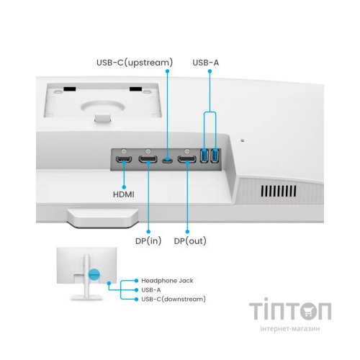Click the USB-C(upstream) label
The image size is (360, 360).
click(x=135, y=63)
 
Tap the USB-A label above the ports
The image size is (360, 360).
click(x=206, y=63)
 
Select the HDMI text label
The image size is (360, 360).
click(x=124, y=194)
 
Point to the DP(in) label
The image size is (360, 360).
click(x=148, y=241)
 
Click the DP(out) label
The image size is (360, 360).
click(x=190, y=241)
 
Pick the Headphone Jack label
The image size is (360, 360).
click(x=167, y=281)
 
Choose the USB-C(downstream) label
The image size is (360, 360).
click(x=174, y=300)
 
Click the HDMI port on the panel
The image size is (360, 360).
click(x=124, y=159)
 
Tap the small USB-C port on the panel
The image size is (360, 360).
click(x=167, y=161)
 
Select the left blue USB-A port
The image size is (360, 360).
click(x=204, y=156)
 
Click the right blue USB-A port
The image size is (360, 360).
click(x=215, y=156)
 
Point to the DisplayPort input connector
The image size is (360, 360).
click(x=148, y=159)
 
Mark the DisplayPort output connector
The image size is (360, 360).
click(x=186, y=159)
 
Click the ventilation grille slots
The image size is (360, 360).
click(x=279, y=192)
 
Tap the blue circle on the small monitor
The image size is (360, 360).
click(x=94, y=274)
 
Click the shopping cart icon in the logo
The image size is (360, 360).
click(x=308, y=311)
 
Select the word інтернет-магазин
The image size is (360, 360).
click(x=290, y=328)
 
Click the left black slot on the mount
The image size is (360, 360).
click(x=70, y=89)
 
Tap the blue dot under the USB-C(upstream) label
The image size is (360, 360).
click(x=168, y=71)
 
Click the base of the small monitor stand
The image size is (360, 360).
click(x=86, y=298)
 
